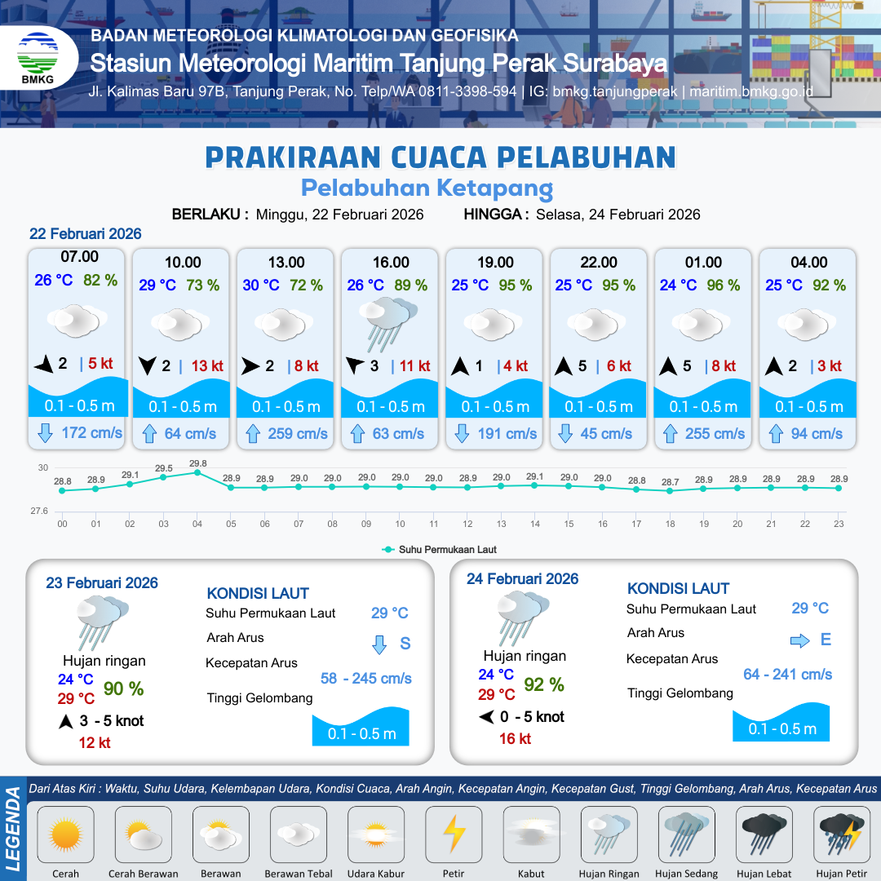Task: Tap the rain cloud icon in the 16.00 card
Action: coord(390,321)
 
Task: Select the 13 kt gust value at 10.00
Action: coord(207,366)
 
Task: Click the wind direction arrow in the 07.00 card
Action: coord(44,365)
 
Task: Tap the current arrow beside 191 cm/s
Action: coord(462,433)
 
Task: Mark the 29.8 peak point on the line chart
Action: coord(197,472)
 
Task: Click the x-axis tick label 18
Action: coord(671,524)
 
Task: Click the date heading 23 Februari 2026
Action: coord(102,583)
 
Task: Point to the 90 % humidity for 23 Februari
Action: coord(123,689)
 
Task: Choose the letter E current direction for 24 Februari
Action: coord(826,640)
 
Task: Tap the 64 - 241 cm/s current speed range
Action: coord(787,674)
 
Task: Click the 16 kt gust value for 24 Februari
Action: coord(515,738)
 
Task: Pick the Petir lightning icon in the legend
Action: coord(454,835)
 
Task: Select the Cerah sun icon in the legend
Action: coord(66,835)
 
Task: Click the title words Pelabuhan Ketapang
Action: coord(427,188)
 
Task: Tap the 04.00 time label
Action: coord(808,263)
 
